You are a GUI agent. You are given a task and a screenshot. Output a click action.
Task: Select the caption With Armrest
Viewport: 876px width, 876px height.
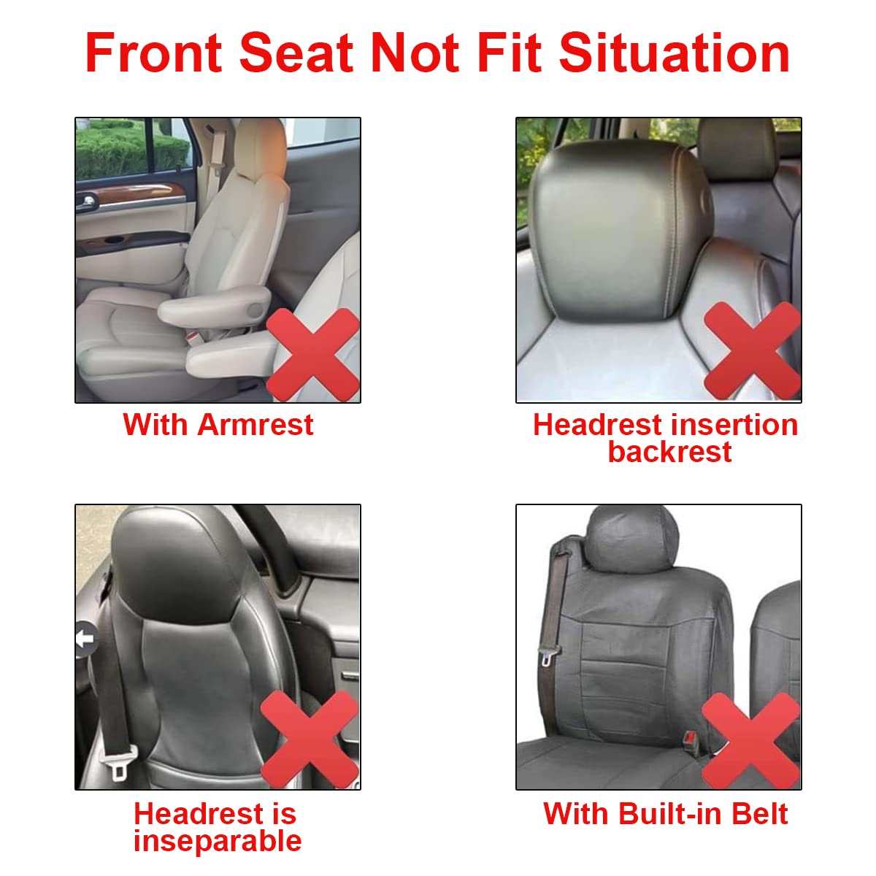[x=218, y=425]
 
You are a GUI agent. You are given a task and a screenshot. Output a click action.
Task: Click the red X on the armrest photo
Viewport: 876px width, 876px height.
[x=312, y=354]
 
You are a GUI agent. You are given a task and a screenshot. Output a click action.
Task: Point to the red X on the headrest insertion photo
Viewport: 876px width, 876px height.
[x=752, y=350]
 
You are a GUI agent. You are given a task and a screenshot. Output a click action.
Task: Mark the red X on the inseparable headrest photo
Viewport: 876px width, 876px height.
[x=309, y=739]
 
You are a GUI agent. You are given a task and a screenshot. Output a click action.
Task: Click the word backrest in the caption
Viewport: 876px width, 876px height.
[x=669, y=452]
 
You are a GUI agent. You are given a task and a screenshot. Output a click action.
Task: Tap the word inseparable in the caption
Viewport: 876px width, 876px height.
[x=218, y=841]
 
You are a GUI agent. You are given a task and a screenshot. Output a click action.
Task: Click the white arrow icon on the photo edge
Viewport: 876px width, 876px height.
[x=85, y=640]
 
